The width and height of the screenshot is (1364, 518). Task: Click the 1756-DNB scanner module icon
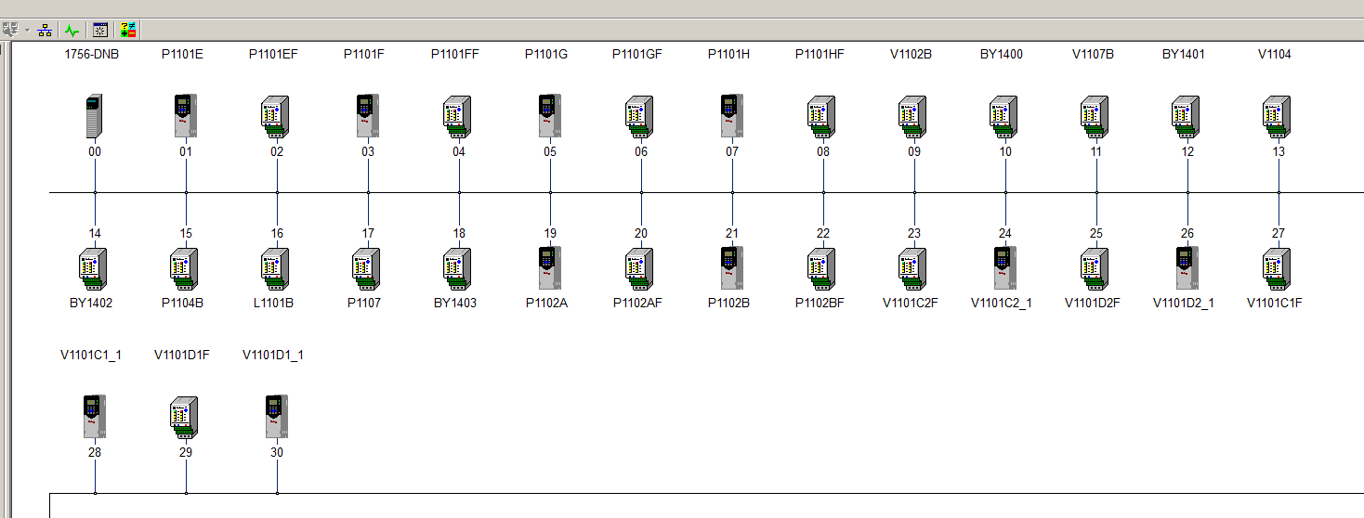point(94,116)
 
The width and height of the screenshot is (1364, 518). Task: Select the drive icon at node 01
point(186,116)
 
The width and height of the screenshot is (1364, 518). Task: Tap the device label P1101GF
point(637,54)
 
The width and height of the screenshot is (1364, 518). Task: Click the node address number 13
point(1279,151)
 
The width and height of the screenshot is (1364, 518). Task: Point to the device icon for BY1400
point(1003,116)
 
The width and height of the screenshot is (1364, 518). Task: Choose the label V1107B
point(1093,54)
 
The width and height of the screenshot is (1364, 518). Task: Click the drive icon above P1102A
point(550,268)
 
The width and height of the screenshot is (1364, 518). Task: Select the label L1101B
point(273,303)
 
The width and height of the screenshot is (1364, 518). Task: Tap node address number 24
point(1004,233)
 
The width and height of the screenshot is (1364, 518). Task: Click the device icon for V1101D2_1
point(1187,268)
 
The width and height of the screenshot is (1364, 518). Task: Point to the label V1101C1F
point(1275,303)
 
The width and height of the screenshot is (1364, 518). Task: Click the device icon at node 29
point(184,418)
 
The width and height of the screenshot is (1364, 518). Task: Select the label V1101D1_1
point(273,355)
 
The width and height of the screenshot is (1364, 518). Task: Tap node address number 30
point(277,452)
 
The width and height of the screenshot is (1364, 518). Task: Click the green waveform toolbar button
point(72,30)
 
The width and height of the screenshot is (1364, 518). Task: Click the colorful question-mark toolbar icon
point(128,30)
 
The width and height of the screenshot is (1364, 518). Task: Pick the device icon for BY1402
point(93,268)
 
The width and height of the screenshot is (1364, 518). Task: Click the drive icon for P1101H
point(732,116)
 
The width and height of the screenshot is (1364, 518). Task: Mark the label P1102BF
point(820,303)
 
